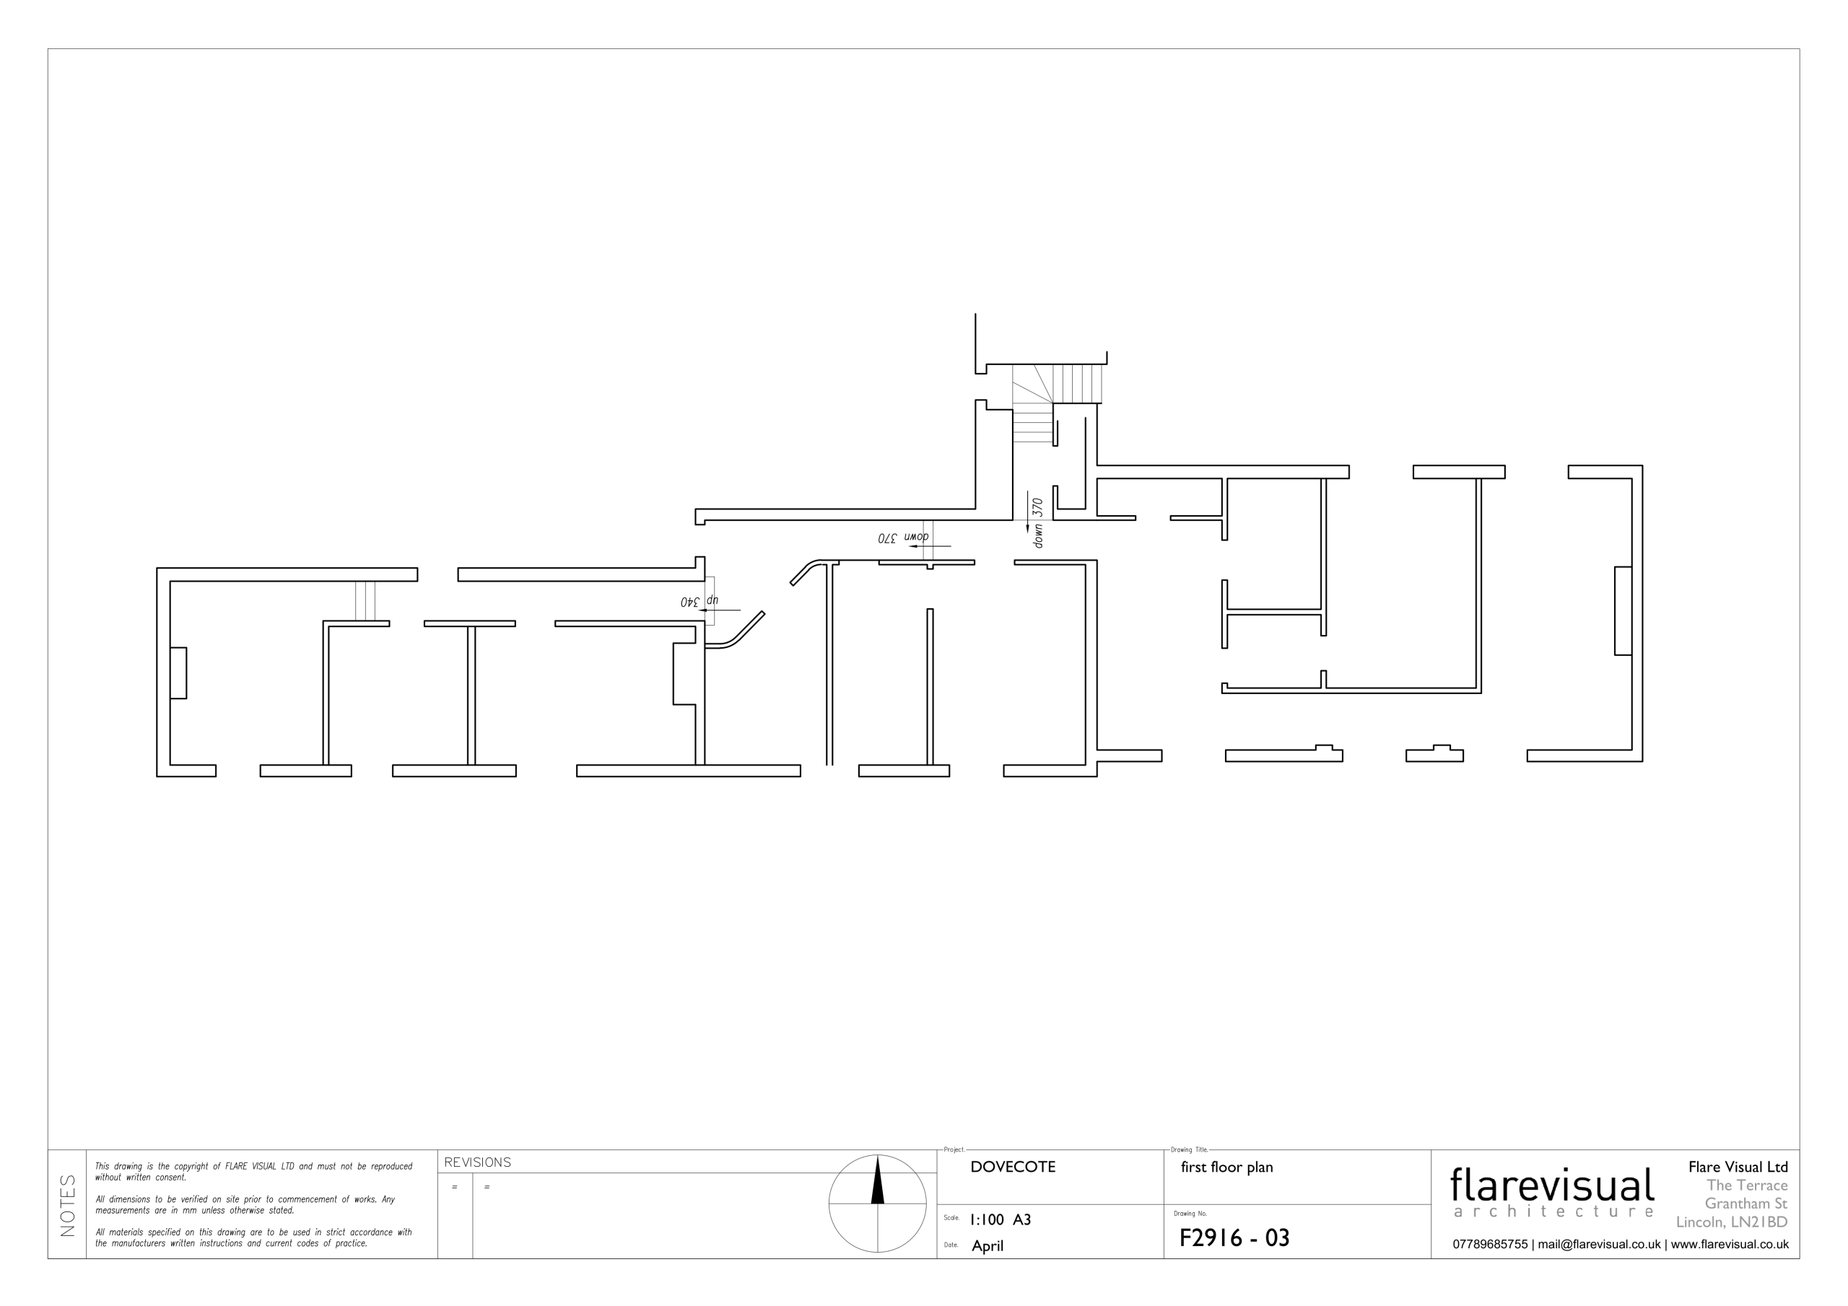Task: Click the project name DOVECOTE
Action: pos(1013,1167)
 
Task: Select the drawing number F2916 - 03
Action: pos(1234,1237)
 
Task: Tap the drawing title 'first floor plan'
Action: pos(1226,1167)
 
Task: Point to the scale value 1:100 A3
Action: pos(1001,1220)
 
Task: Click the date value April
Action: pos(988,1246)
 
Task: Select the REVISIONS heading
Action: pos(477,1162)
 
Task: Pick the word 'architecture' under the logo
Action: pos(1553,1212)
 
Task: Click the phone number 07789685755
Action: pos(1490,1245)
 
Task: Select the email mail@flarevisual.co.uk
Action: pos(1599,1245)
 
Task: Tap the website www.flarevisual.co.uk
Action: pos(1730,1245)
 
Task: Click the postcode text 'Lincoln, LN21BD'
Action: pos(1732,1222)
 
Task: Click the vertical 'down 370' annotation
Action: pos(1037,523)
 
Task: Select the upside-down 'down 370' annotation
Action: pos(903,538)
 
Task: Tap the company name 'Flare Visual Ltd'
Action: pos(1738,1167)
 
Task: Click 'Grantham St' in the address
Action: pos(1745,1204)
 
